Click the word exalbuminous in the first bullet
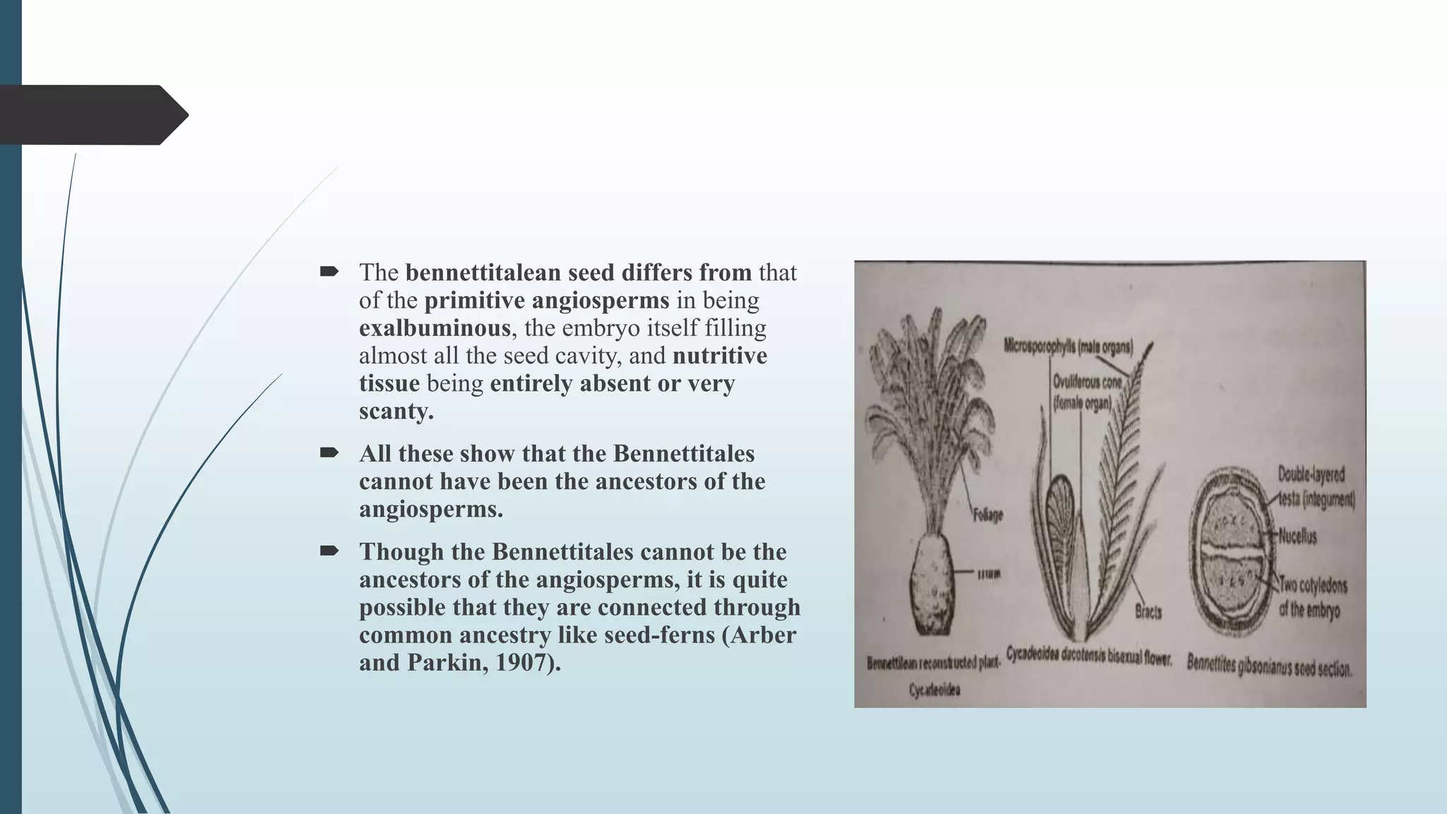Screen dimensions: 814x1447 click(x=434, y=328)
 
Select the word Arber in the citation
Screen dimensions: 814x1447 click(x=762, y=635)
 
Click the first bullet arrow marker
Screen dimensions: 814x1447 click(x=329, y=271)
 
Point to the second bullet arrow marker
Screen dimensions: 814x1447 click(x=329, y=453)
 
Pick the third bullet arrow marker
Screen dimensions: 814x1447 click(x=329, y=551)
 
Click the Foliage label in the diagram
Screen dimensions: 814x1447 click(x=988, y=516)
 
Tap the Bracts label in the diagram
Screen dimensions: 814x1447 click(x=1148, y=611)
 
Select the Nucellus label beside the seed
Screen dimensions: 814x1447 click(x=1297, y=536)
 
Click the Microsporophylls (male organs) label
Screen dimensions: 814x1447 click(x=1068, y=346)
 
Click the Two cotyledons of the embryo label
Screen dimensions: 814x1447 click(x=1313, y=597)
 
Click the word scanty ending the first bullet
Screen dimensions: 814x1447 click(x=395, y=411)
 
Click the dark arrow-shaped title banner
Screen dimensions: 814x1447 click(x=92, y=115)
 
